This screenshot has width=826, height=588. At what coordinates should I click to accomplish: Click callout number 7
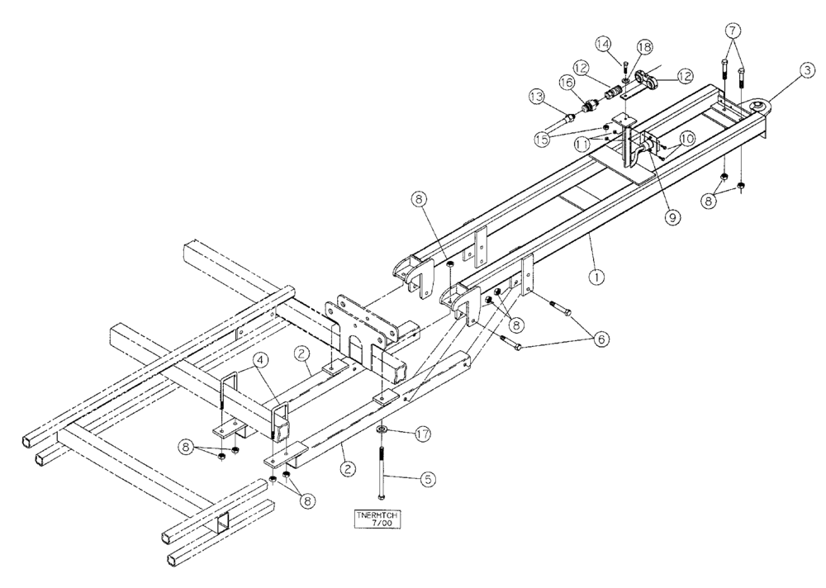tap(732, 31)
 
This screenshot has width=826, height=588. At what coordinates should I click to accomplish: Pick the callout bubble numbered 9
tap(672, 217)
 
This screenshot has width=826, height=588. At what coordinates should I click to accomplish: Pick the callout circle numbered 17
tap(421, 434)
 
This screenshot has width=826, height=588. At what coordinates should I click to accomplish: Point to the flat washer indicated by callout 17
tap(382, 430)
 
